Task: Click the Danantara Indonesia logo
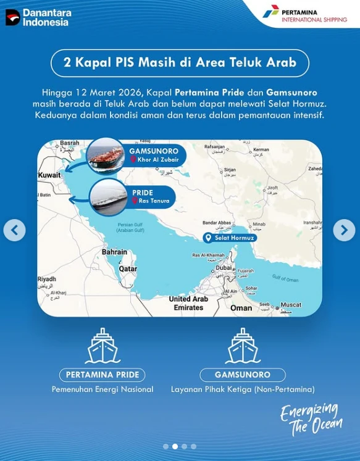click(x=38, y=17)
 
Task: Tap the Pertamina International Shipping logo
click(x=304, y=14)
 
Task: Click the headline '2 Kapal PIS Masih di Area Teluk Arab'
click(x=180, y=62)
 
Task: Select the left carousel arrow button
click(x=14, y=230)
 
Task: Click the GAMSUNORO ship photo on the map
click(x=107, y=155)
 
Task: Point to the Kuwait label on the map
click(x=49, y=175)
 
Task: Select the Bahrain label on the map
click(x=114, y=252)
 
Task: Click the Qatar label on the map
click(x=128, y=269)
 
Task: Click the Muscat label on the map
click(x=290, y=305)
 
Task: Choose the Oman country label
click(x=241, y=307)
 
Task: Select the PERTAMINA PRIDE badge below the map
click(x=103, y=375)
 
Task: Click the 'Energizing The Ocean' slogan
click(x=311, y=419)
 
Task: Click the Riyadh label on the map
click(x=47, y=279)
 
